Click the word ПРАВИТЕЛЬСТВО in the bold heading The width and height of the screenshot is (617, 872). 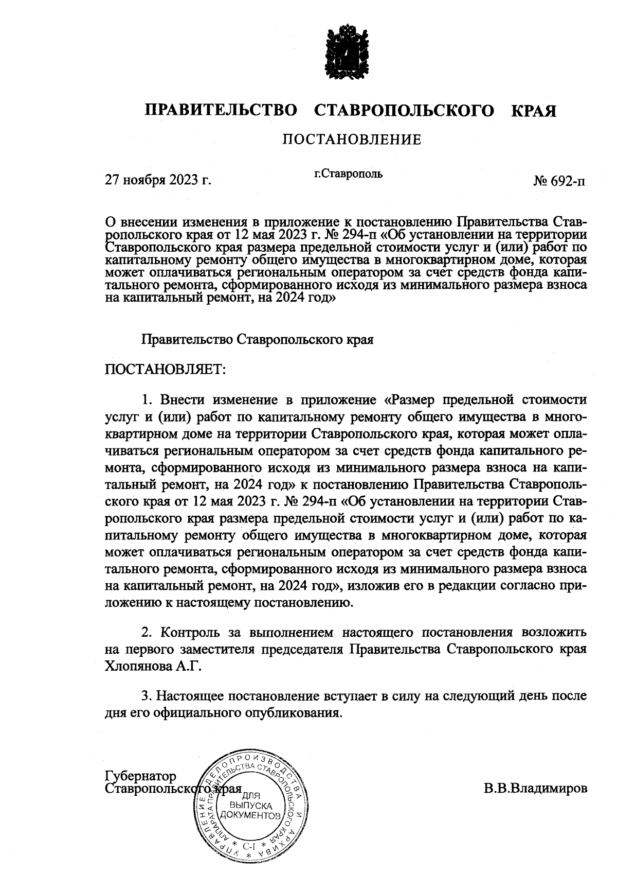click(221, 111)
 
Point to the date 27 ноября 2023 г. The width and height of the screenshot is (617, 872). click(158, 181)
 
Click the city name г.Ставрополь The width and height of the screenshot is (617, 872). click(348, 174)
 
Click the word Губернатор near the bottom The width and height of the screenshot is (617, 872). click(140, 776)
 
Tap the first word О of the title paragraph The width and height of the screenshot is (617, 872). click(110, 222)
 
